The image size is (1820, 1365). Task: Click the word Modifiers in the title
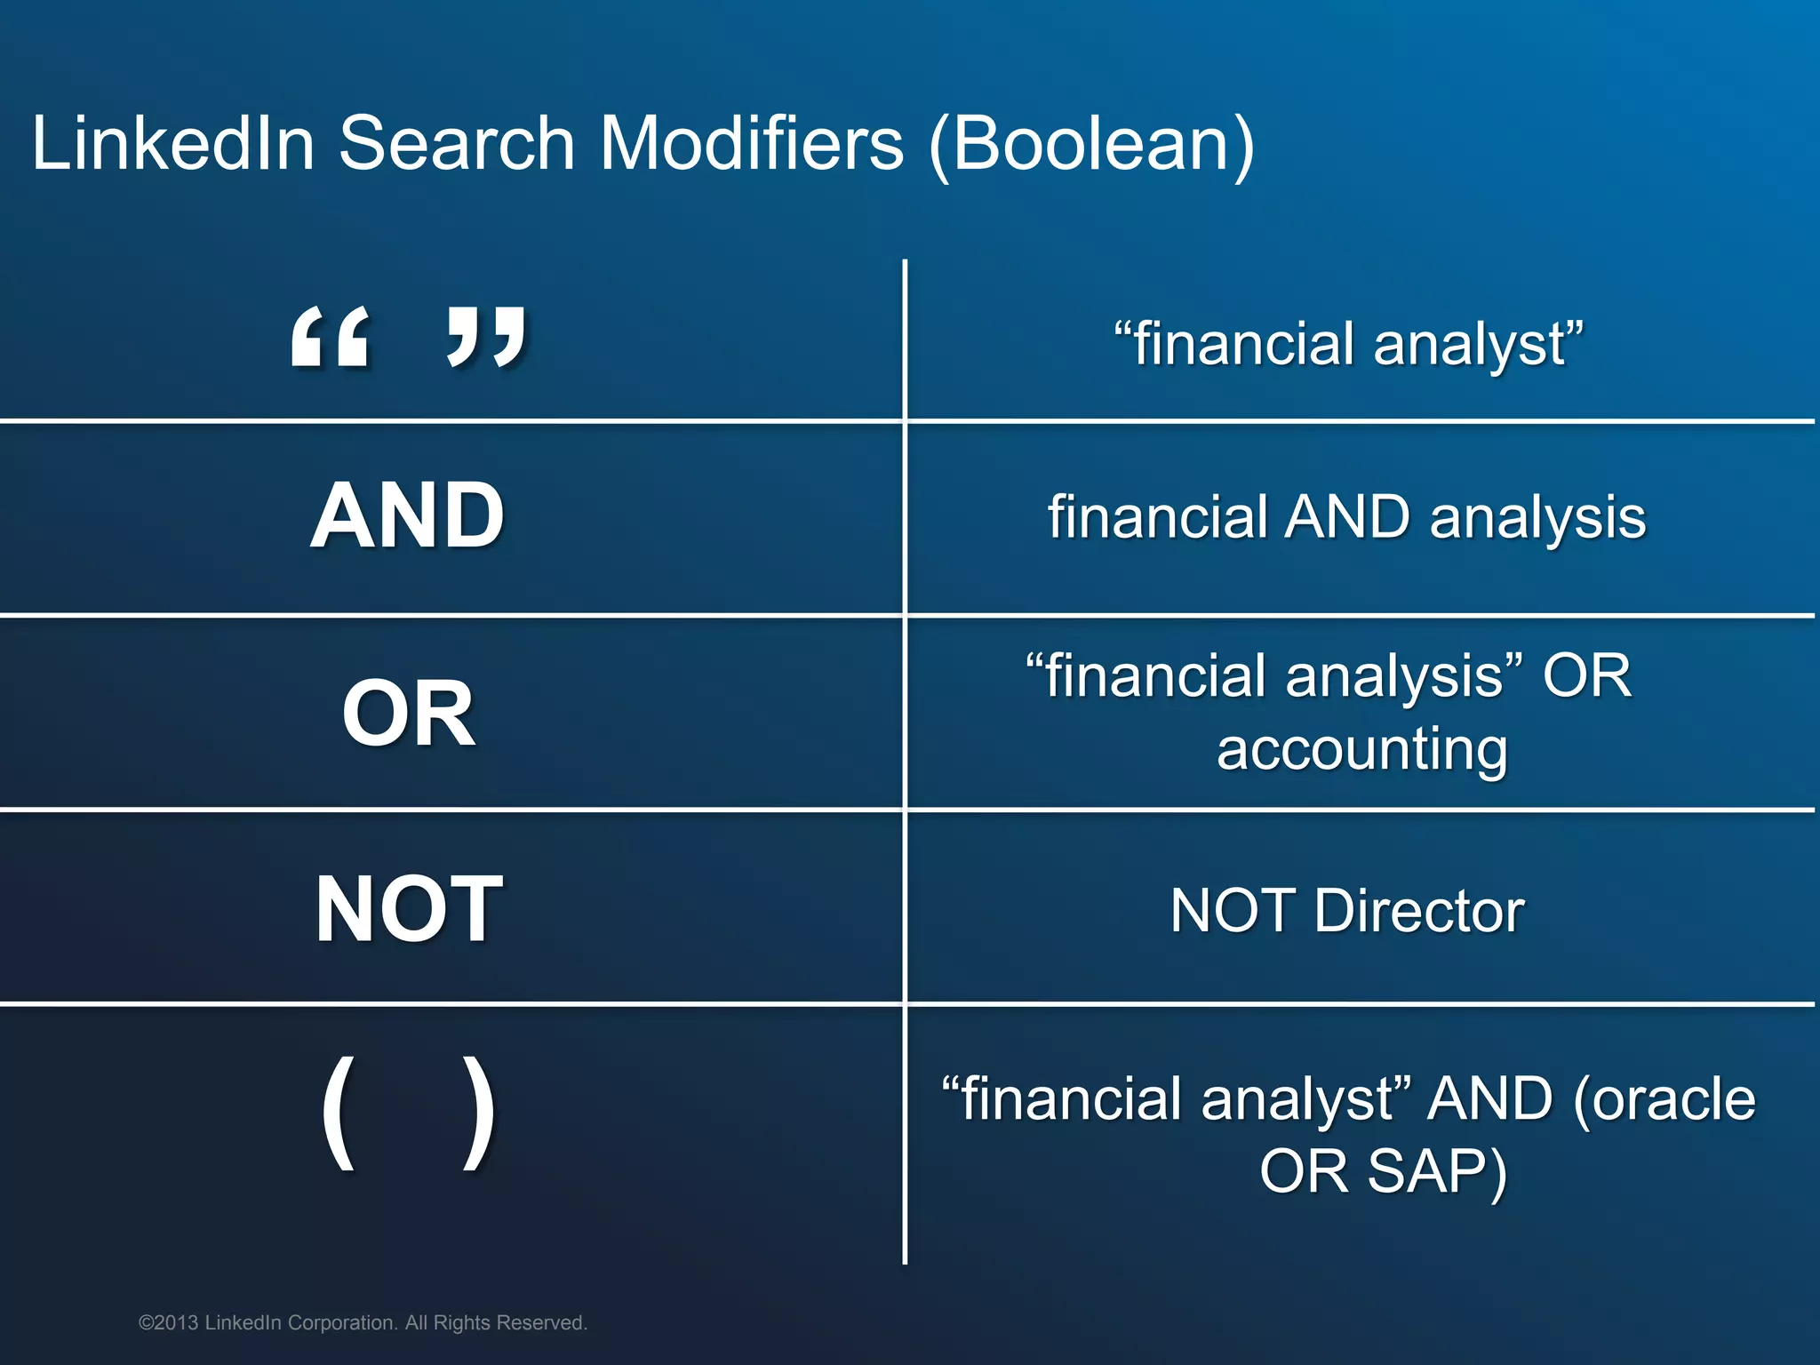(752, 144)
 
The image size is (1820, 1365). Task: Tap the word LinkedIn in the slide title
(173, 144)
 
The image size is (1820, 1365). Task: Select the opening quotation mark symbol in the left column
(330, 337)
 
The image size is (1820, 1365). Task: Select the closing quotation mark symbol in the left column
(487, 337)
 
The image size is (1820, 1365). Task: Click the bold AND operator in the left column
(408, 516)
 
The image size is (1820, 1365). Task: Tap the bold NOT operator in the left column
(409, 909)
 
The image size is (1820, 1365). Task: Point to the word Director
(1419, 911)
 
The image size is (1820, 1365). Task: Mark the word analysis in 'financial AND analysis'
(1537, 517)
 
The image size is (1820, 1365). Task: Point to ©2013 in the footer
(168, 1322)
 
